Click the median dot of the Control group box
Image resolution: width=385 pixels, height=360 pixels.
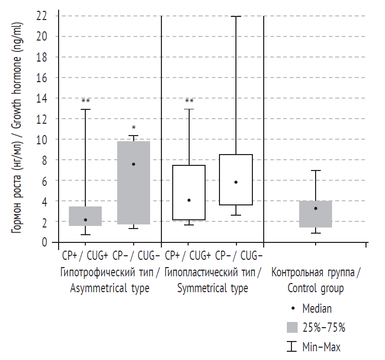tap(316, 208)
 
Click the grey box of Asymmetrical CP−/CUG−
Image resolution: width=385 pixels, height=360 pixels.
tap(134, 182)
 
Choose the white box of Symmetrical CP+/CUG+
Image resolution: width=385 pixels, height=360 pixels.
tap(189, 193)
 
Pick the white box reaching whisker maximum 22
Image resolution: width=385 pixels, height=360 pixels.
tap(236, 180)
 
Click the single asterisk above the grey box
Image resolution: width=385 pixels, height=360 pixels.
tap(134, 128)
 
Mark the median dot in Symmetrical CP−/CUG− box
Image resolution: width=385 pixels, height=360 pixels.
tap(236, 182)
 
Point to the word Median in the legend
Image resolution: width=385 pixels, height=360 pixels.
tap(317, 309)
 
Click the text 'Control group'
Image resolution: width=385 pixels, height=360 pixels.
tap(315, 288)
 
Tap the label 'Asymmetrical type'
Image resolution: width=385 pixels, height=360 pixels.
tap(109, 288)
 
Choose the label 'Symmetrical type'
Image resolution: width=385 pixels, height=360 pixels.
tap(212, 288)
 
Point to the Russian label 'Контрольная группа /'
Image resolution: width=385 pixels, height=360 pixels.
tap(316, 272)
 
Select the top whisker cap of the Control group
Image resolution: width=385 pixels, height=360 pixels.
tap(316, 170)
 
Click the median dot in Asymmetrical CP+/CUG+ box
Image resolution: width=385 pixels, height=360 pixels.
tap(85, 220)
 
